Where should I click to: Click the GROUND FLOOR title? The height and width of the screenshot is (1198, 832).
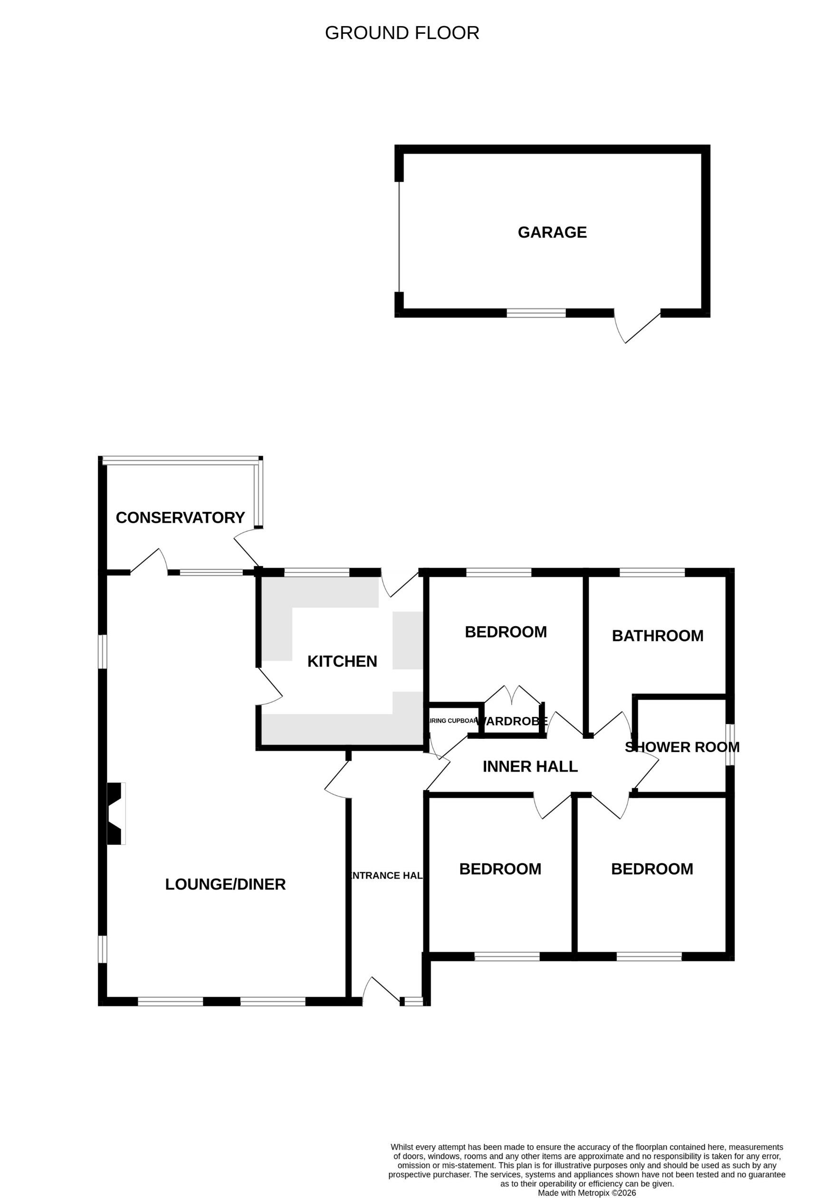point(402,33)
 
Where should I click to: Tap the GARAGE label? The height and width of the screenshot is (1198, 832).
point(552,232)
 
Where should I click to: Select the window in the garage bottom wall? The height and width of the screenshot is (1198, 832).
point(536,313)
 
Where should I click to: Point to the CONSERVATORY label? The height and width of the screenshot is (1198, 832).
point(180,517)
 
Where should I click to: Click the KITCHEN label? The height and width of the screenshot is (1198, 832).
point(342,661)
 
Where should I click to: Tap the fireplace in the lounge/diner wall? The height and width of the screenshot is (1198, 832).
point(115,813)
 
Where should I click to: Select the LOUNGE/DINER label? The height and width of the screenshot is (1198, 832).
point(225,884)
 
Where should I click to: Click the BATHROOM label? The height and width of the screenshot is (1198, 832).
point(657,636)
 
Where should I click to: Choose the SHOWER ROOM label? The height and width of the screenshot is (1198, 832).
point(682,747)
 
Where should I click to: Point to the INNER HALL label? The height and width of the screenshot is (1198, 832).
point(530,766)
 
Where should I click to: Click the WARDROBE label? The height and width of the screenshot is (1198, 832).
point(512,721)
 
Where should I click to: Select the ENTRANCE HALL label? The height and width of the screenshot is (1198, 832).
point(387,875)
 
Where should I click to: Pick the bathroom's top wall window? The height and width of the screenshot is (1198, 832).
point(651,572)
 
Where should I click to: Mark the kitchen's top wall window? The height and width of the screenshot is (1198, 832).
point(316,572)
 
